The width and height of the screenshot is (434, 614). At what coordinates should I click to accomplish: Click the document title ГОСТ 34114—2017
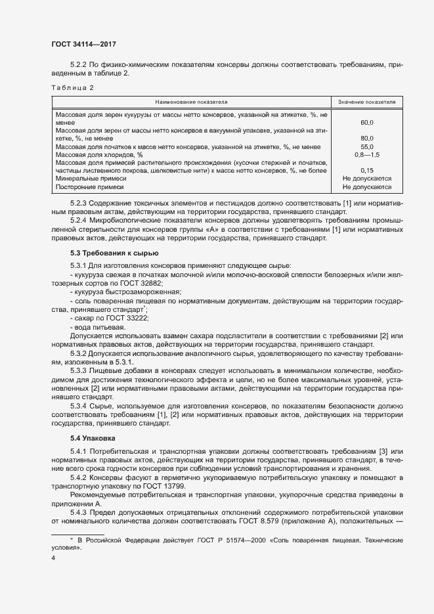[x=84, y=44]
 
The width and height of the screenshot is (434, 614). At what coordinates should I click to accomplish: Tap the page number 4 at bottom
[x=53, y=558]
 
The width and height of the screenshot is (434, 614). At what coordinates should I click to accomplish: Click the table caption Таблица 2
[x=72, y=87]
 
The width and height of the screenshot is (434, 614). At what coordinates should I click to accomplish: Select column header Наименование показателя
[x=191, y=102]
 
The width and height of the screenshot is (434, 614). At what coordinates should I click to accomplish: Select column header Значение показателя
[x=366, y=102]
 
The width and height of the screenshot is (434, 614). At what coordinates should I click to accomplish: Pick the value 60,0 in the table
[x=367, y=122]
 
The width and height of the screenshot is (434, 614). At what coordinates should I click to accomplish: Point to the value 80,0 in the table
[x=367, y=138]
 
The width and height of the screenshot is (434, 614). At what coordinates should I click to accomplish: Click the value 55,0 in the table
[x=367, y=146]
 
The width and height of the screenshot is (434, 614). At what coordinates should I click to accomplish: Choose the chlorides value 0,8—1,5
[x=367, y=154]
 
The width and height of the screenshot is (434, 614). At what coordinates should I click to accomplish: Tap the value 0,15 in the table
[x=367, y=170]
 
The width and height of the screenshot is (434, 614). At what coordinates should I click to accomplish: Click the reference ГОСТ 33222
[x=131, y=318]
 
